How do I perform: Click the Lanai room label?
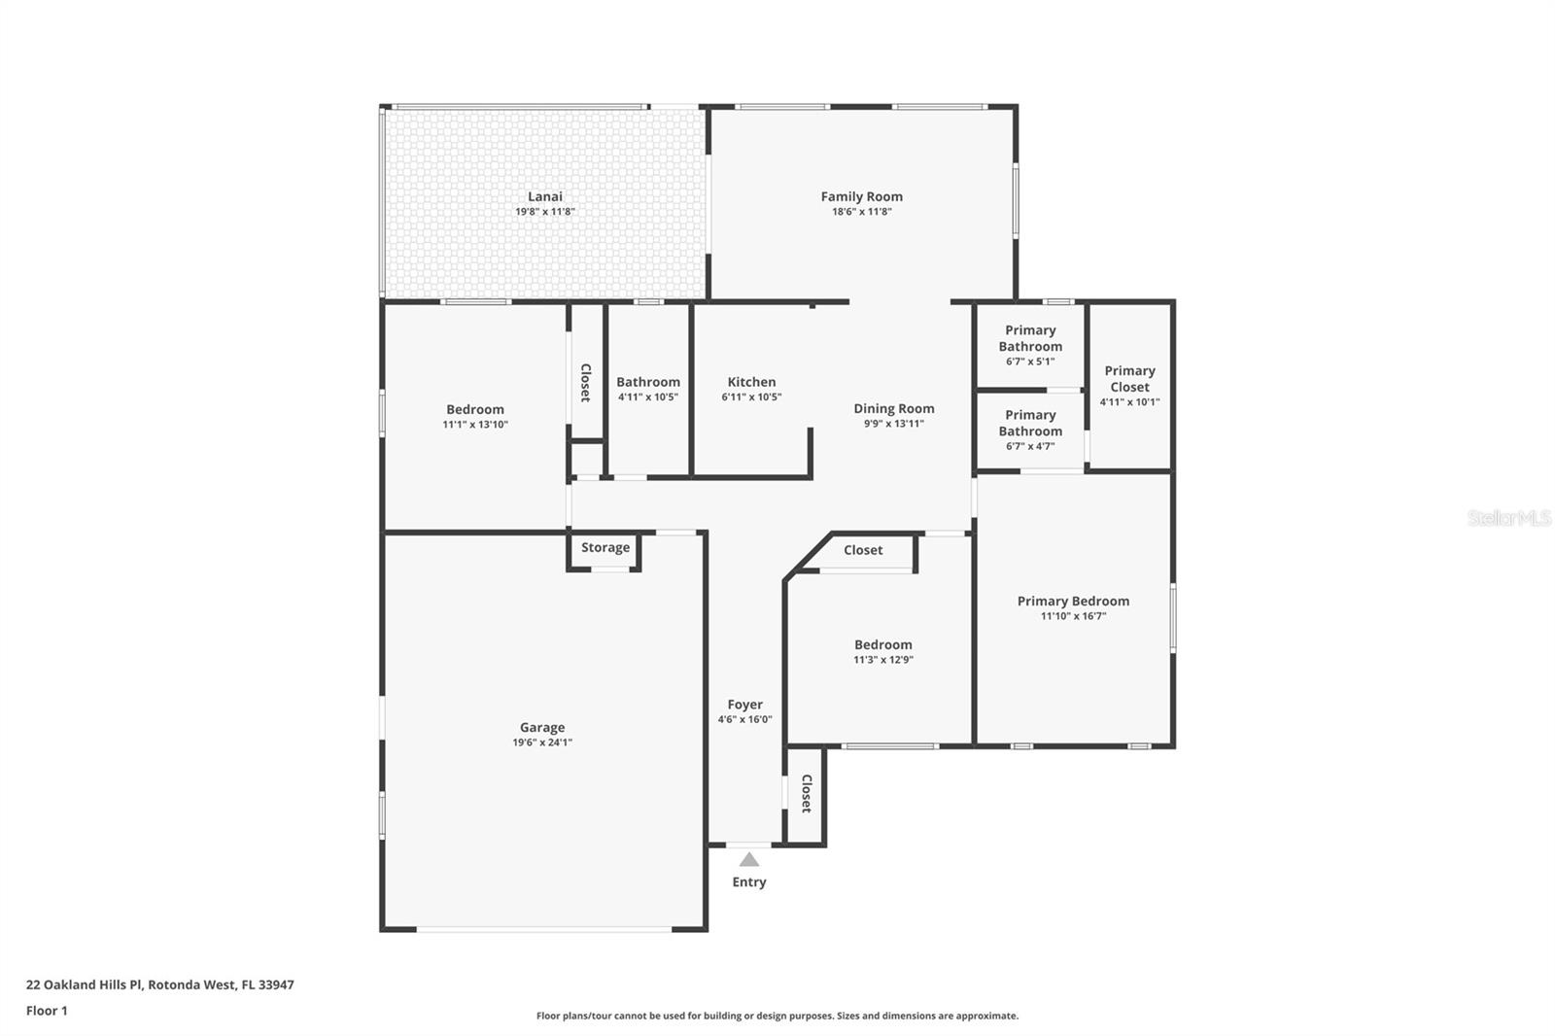(544, 196)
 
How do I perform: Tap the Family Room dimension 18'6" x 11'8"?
(861, 212)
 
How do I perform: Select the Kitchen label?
(751, 382)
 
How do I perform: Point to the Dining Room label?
(893, 408)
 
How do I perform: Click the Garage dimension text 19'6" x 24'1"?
(542, 742)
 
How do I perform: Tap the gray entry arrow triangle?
(748, 859)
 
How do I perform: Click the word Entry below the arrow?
(748, 882)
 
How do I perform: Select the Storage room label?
(605, 548)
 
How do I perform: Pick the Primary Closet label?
(1129, 378)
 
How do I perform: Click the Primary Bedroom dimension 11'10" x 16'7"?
(1073, 616)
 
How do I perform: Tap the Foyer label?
(744, 705)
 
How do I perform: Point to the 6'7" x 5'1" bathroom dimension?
(1030, 362)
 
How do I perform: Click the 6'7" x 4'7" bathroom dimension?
(1030, 446)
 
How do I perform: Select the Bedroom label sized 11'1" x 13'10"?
(475, 409)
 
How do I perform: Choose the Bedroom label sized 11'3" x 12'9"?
(882, 644)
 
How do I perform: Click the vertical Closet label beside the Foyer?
(806, 793)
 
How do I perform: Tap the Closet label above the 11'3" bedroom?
(862, 550)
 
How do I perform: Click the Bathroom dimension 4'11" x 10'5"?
(647, 397)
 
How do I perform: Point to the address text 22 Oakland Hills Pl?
(86, 984)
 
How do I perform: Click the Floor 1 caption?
(47, 1011)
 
